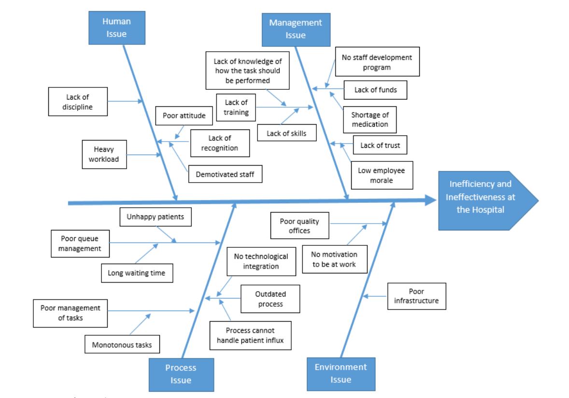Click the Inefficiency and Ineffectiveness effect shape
coord(483,200)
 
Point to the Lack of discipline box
coord(77,102)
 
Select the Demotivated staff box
coord(225,174)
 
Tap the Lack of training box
coord(236,107)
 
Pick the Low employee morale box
coord(382,175)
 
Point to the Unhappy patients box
coord(156,217)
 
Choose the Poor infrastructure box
coord(416,296)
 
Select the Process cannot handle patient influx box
coord(251,335)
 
